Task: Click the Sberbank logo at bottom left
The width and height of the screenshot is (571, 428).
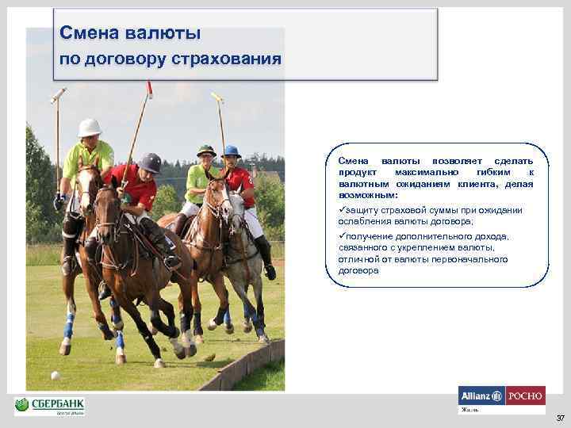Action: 49,406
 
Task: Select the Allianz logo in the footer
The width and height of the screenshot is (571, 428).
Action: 481,396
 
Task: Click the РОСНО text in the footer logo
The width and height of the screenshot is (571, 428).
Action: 525,396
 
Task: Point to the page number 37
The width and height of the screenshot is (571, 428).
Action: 560,418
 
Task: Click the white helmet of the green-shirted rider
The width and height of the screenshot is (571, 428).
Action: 90,127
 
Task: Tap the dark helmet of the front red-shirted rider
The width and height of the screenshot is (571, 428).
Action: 150,162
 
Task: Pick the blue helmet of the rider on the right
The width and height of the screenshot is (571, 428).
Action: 232,151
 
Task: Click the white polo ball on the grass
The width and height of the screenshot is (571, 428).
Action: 55,375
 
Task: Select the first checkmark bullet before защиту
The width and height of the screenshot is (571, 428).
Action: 342,210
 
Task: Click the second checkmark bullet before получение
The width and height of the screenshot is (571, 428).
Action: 342,236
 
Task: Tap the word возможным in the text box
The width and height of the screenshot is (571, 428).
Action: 369,194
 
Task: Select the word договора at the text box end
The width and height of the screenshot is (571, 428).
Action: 358,270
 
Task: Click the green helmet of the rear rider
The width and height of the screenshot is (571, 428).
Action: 206,150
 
